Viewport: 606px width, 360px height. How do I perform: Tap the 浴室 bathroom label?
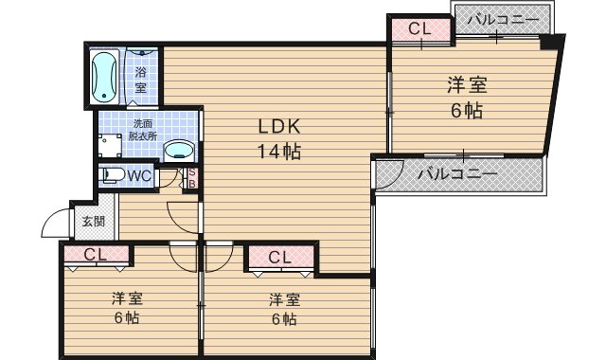pos(140,80)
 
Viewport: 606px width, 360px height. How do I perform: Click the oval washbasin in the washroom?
pos(177,150)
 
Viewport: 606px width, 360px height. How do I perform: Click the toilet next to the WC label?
pos(111,175)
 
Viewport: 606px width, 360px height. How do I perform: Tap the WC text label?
pos(139,175)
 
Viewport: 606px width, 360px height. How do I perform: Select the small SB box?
pos(190,177)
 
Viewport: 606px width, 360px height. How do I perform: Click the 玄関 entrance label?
pos(93,222)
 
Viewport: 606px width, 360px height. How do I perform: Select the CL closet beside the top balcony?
pos(419,29)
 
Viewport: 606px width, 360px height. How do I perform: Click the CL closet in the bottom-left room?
pos(94,254)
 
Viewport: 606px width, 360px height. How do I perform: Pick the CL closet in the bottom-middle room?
pos(278,257)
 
